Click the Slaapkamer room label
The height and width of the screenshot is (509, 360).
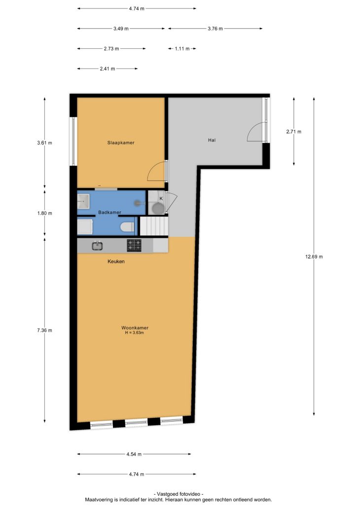point(121,143)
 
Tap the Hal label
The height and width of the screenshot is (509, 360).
point(212,140)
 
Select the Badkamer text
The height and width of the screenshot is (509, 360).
point(109,212)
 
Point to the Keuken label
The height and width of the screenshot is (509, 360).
point(116,261)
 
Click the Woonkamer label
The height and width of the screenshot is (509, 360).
point(135,328)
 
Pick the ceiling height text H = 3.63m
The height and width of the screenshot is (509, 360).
point(135,333)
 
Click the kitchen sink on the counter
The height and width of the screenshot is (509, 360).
point(97,246)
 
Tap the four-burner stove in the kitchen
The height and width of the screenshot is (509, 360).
point(134,246)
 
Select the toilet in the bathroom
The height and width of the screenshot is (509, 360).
point(127,227)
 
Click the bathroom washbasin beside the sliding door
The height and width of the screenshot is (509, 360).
point(83,201)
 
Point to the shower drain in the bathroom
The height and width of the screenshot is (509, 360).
point(138,203)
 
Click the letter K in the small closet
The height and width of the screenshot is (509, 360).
point(161,198)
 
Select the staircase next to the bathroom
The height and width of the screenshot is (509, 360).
point(154,226)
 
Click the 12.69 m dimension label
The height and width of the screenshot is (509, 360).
point(314,257)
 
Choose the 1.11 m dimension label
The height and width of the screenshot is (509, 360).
point(182,49)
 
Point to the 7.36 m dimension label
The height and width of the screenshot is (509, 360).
point(44,330)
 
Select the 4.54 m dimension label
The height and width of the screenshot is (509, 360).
point(134,454)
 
